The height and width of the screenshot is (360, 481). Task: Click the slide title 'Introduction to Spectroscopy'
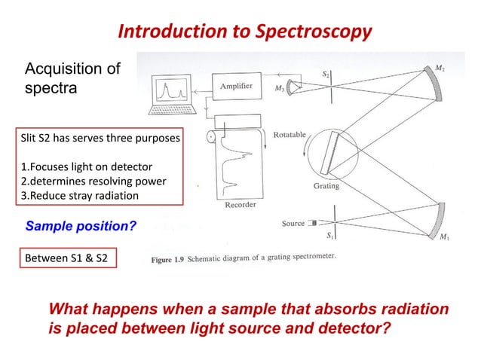(245, 32)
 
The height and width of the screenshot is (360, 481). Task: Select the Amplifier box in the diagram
(236, 87)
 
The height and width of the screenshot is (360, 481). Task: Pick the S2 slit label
(326, 74)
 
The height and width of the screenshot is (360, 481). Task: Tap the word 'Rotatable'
(290, 135)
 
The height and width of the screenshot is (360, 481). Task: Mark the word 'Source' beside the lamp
(293, 224)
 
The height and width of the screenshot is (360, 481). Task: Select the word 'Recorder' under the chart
(241, 203)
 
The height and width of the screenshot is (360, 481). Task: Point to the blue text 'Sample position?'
(81, 225)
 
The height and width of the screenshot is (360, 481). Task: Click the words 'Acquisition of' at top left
(73, 70)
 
